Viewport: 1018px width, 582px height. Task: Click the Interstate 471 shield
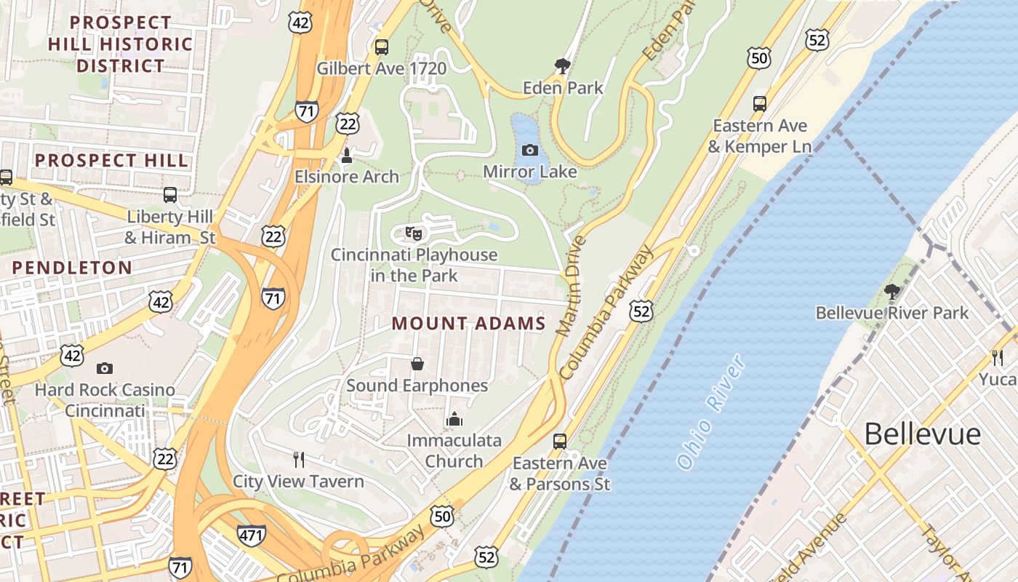point(251,535)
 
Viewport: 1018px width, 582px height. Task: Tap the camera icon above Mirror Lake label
point(530,150)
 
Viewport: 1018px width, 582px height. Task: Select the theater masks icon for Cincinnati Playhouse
point(414,234)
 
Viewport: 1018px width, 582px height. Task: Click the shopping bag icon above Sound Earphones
point(417,363)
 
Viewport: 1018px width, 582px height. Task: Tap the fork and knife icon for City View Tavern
point(298,459)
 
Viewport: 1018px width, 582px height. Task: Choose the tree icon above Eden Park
point(562,66)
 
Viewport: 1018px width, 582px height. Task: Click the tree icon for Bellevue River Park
point(892,292)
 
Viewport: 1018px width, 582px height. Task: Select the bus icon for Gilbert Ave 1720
point(382,47)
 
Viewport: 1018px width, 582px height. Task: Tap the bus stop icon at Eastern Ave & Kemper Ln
point(760,103)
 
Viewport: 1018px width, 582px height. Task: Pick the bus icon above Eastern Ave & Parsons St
point(559,441)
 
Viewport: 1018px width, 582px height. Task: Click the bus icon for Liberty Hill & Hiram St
point(170,195)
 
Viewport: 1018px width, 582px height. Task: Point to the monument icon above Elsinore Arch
point(347,155)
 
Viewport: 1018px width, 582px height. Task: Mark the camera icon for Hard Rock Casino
point(105,368)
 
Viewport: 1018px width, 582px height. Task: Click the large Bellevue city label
point(922,434)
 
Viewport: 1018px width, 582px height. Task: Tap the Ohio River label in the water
point(711,411)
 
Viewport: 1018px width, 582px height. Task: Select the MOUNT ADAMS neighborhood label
point(469,324)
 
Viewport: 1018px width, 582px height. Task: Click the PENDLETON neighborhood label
point(72,268)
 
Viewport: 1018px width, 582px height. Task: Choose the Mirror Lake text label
point(530,172)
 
